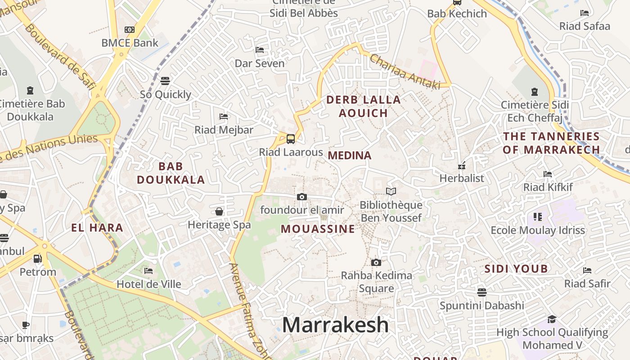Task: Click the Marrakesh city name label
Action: click(x=335, y=325)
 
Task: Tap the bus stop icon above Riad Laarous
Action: click(x=291, y=139)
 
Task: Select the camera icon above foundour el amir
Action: click(x=302, y=197)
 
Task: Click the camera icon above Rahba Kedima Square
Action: click(x=376, y=262)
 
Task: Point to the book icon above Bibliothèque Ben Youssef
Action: click(x=391, y=192)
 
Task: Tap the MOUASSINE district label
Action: click(x=318, y=229)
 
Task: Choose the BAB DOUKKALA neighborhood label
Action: click(x=171, y=173)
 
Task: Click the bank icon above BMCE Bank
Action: click(x=130, y=30)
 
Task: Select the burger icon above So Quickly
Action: click(x=165, y=81)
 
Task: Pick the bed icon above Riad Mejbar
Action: click(x=224, y=117)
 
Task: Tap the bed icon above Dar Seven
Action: click(x=260, y=49)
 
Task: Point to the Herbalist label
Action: click(x=462, y=178)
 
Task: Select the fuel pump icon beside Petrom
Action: click(x=38, y=259)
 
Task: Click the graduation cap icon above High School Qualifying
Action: click(x=552, y=319)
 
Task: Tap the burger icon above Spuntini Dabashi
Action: click(x=482, y=292)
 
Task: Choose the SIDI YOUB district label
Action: click(x=516, y=269)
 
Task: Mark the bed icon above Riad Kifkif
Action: click(x=548, y=174)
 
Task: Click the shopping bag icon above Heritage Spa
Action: click(x=219, y=211)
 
